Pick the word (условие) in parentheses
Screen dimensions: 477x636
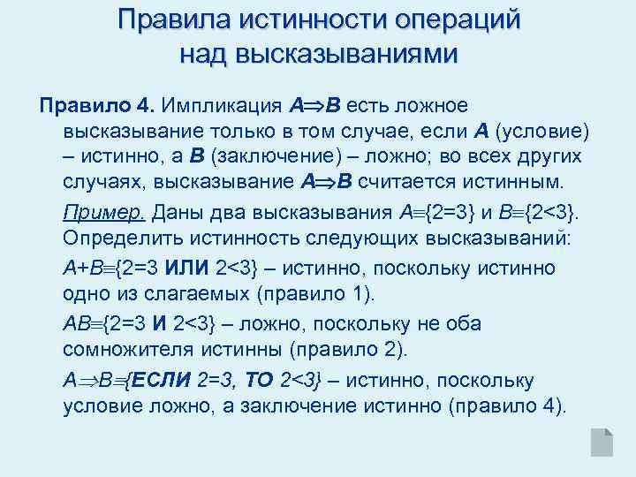click(541, 132)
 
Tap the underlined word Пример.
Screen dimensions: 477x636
click(105, 213)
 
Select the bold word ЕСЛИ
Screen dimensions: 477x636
click(162, 380)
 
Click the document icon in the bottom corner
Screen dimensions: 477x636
click(602, 442)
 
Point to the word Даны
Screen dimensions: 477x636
click(178, 213)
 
